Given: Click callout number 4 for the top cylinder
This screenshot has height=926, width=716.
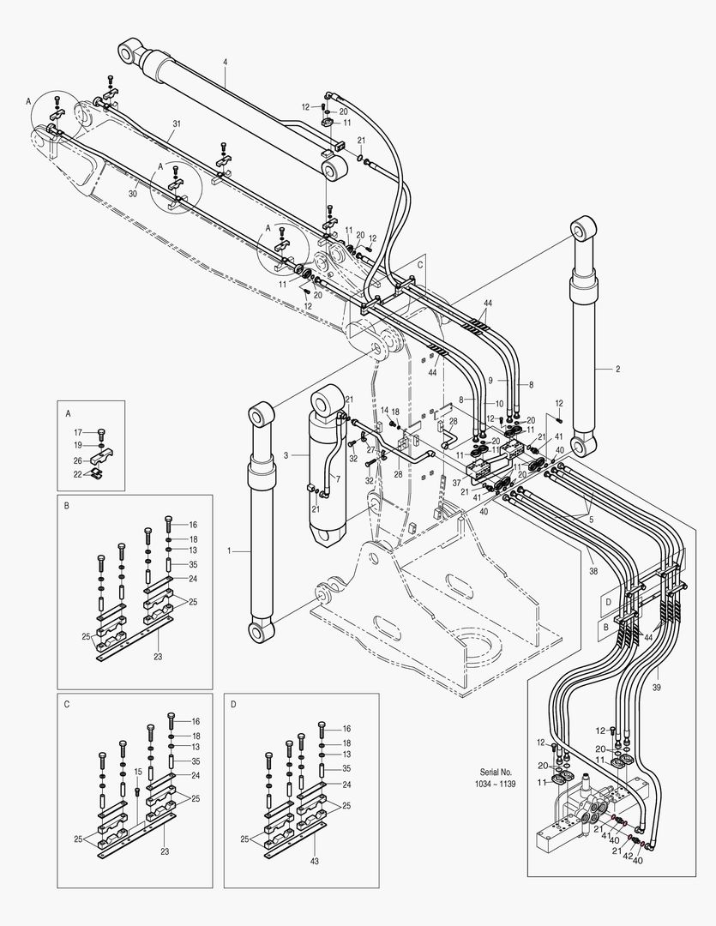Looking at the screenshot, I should click(x=225, y=63).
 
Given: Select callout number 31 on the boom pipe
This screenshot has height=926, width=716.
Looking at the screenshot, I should click(x=176, y=124).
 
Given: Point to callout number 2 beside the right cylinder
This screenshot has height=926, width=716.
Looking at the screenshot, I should click(x=617, y=369).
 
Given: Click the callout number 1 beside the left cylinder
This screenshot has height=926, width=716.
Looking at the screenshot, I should click(x=230, y=550).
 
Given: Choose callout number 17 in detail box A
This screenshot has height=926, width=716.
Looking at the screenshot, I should click(x=78, y=432).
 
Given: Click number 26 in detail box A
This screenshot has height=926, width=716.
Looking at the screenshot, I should click(x=78, y=460).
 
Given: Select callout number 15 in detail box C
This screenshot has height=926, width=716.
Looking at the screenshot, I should click(x=138, y=773).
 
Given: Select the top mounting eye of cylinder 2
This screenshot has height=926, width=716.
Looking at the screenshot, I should click(x=584, y=229).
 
